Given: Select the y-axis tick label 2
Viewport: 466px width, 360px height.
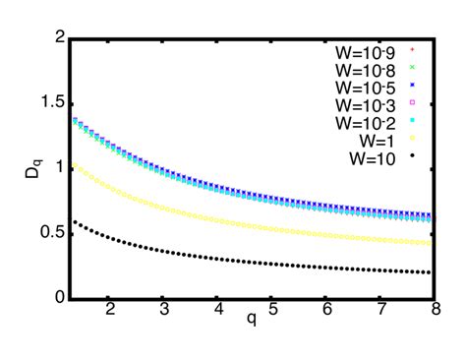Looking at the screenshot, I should point(60,37).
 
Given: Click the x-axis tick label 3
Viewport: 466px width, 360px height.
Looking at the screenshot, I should point(163,312).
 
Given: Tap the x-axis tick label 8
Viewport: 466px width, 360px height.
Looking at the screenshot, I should point(434,312).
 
